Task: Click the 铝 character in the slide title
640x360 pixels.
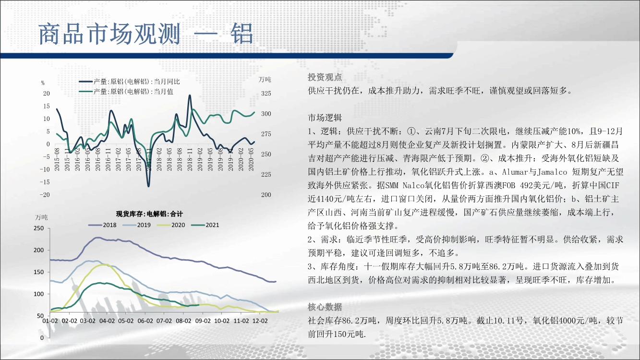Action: [242, 34]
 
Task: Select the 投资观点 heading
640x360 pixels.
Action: [325, 77]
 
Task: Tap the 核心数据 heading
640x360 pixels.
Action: [325, 307]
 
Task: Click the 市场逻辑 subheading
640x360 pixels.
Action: [325, 118]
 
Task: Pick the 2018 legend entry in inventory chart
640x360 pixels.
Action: [102, 225]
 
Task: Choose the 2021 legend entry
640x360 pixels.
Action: [205, 225]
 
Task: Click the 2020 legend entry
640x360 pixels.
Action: [171, 225]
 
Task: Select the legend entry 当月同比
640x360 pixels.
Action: [130, 82]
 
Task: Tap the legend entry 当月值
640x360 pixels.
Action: [126, 92]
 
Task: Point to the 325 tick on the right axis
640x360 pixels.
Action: [266, 94]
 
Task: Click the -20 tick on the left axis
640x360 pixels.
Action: [45, 195]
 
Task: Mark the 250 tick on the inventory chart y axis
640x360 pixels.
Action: [39, 228]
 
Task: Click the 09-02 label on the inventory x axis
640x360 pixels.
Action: [203, 321]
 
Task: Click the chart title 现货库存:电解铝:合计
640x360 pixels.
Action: [149, 214]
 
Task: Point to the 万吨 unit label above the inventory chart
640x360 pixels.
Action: [41, 217]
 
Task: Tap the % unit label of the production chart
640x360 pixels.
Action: [43, 83]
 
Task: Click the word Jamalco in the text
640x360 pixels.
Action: [552, 172]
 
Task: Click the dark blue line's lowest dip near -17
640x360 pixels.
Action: [148, 186]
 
